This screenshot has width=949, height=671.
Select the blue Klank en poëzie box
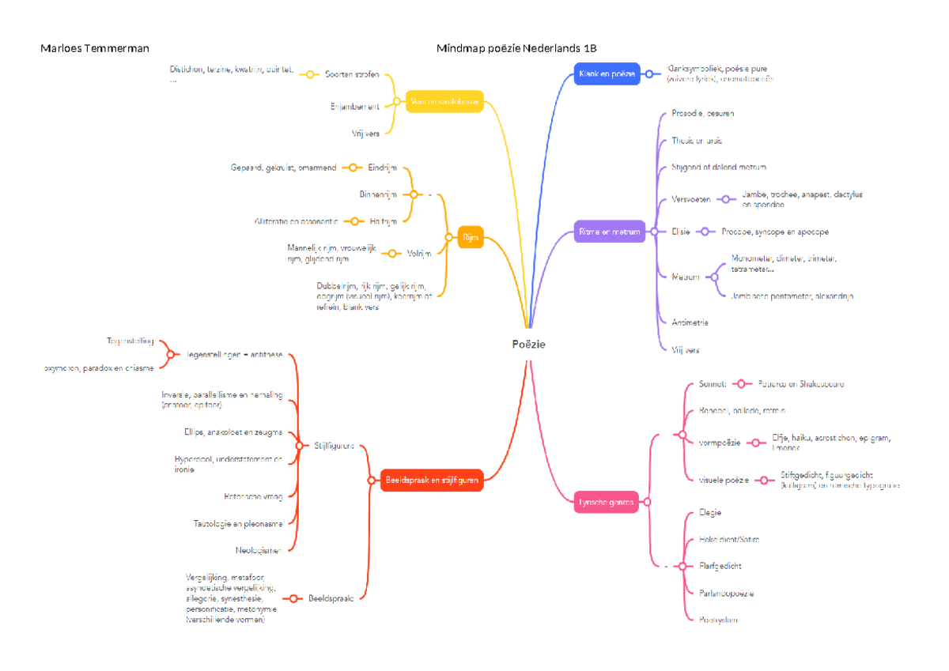tap(607, 74)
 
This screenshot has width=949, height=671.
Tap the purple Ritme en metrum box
tap(608, 232)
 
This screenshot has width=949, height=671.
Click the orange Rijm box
tap(470, 237)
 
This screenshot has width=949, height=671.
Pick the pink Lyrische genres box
tap(606, 502)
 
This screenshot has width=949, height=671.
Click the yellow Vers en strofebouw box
tap(444, 101)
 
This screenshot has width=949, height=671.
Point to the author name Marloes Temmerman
tap(95, 49)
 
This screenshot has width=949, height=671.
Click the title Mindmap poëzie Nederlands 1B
tap(522, 49)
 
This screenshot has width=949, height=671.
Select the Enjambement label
tap(354, 106)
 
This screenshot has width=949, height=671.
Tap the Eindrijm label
tap(382, 168)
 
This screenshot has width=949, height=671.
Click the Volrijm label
tap(418, 254)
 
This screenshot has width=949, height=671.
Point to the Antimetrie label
tap(690, 322)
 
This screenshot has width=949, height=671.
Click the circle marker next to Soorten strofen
tap(311, 74)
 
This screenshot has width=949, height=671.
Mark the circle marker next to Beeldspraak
tap(293, 599)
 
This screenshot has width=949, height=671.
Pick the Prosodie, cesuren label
tap(702, 113)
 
